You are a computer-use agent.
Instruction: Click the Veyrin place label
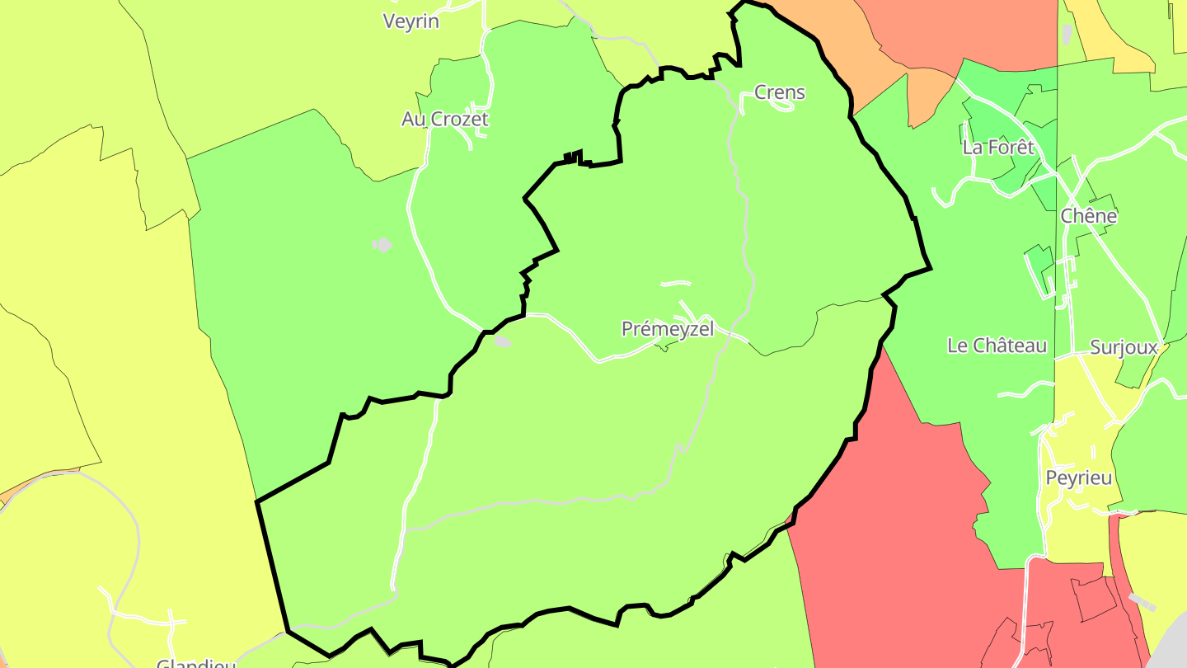click(x=411, y=21)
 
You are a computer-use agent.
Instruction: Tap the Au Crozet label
click(x=444, y=120)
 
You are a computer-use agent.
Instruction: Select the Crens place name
click(x=779, y=92)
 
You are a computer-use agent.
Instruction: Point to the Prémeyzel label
click(x=667, y=329)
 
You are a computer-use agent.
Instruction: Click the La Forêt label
click(x=997, y=148)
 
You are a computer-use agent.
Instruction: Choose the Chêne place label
click(x=1088, y=216)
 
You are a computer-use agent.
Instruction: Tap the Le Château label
click(x=997, y=346)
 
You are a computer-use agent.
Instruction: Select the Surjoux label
click(x=1124, y=347)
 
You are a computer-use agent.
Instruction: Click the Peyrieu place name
click(x=1078, y=478)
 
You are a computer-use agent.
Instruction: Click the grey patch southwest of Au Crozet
click(x=382, y=245)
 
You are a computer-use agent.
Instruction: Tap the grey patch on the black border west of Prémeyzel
click(x=501, y=341)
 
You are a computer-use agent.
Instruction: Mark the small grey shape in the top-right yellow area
click(x=1067, y=35)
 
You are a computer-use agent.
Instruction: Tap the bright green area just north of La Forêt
click(x=1006, y=91)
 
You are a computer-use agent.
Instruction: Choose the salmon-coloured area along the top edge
click(x=973, y=29)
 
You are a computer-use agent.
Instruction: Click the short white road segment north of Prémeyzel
click(x=676, y=283)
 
